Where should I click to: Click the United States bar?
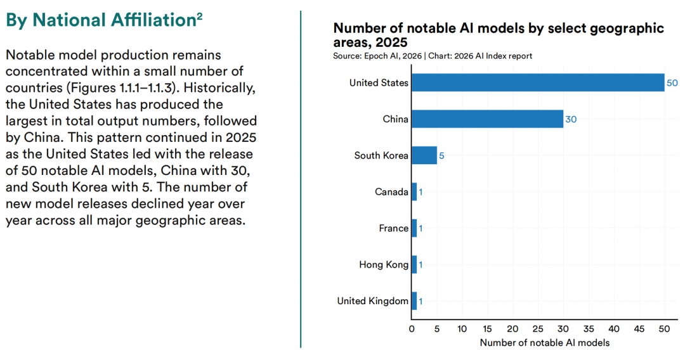538,82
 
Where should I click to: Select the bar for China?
487,119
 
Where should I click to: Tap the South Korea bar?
424,155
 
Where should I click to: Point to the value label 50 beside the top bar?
672,83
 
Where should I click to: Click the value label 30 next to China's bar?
571,119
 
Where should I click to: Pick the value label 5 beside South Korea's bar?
441,156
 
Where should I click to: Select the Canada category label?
391,192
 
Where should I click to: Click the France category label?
393,228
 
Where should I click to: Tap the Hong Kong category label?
384,264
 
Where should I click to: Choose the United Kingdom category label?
373,301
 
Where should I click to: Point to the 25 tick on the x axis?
538,329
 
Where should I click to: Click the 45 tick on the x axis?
639,329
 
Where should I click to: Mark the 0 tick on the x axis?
412,329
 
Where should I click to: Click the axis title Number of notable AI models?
544,343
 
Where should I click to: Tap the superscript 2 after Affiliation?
199,16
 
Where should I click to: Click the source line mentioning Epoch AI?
433,56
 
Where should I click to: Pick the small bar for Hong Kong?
414,264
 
